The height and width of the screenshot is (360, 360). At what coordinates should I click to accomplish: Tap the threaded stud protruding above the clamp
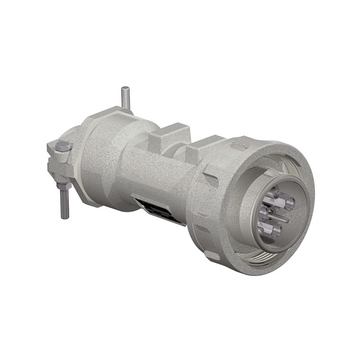point(126,98)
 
